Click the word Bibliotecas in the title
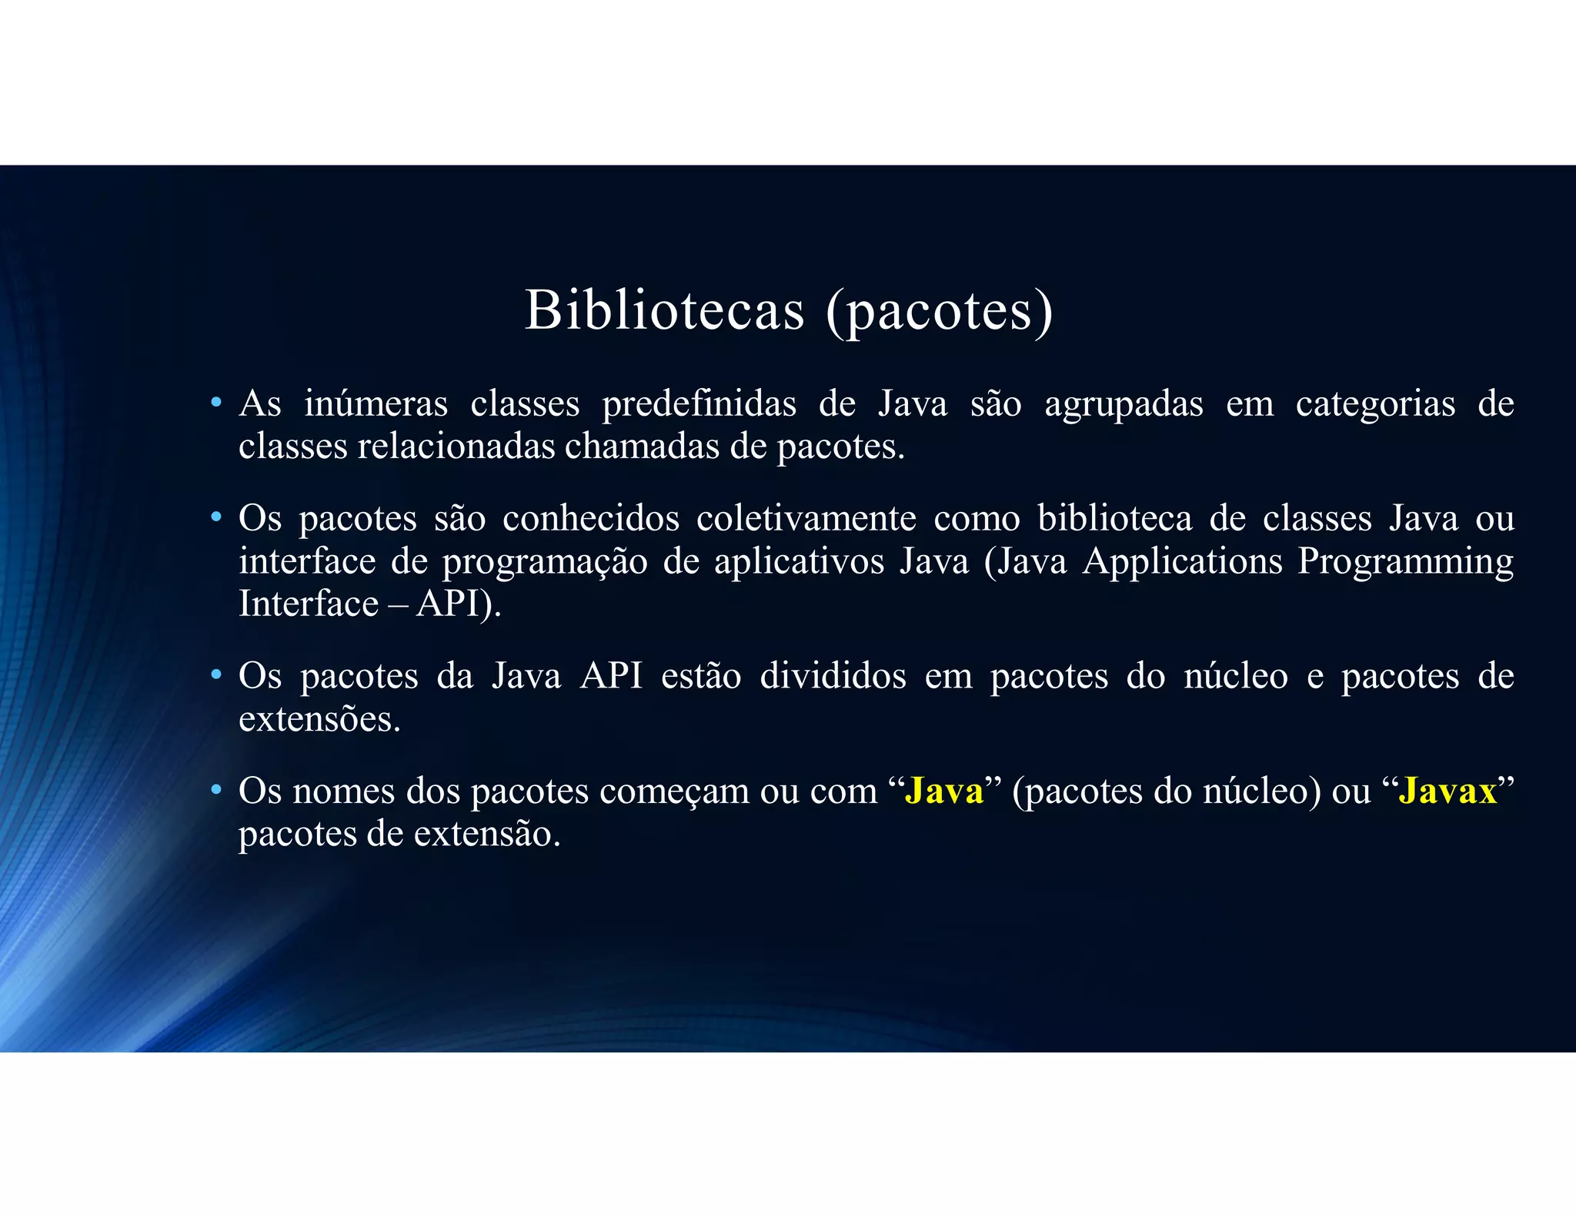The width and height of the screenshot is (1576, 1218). pos(664,310)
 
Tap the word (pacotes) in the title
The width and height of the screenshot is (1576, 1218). pos(939,312)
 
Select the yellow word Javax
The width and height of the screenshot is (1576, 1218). pos(1447,791)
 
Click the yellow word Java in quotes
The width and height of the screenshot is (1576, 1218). pos(944,791)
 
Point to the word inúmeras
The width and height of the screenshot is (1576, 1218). pos(376,403)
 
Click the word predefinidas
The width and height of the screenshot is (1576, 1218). pos(699,405)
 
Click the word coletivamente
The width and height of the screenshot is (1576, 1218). pos(806,518)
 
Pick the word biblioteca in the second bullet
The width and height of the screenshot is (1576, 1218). pos(1114,518)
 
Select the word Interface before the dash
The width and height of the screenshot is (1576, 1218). pos(309,603)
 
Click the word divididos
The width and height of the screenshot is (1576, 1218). pos(833,676)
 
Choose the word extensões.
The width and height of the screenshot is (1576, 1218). pos(319,719)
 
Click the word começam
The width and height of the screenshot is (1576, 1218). pos(674,791)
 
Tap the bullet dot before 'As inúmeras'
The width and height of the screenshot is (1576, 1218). pos(217,403)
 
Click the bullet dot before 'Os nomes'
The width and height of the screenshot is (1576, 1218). pos(217,790)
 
